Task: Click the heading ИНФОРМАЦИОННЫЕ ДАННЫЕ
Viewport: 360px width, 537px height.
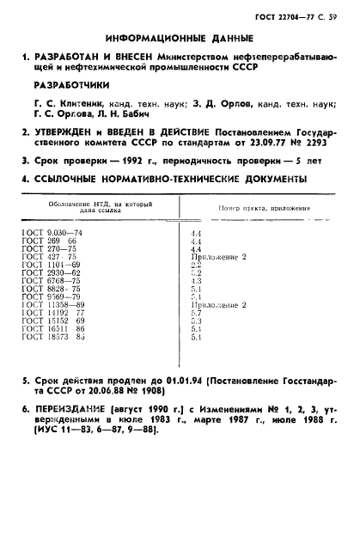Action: point(180,38)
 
